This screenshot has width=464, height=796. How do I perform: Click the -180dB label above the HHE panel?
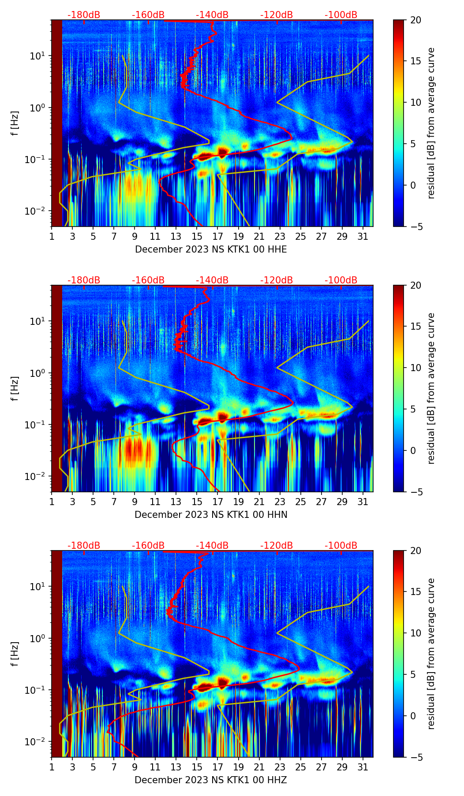84,15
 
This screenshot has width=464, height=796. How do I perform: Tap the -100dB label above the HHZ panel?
341,546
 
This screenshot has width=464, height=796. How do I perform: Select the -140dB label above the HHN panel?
212,280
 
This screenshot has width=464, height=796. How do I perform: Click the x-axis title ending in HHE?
211,249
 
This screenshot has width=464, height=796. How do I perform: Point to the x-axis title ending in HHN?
211,515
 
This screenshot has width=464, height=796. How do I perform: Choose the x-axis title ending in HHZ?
211,780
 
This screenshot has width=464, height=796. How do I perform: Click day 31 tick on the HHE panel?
363,237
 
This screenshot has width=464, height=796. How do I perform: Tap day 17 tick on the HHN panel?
218,502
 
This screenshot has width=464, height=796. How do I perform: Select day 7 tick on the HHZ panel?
114,767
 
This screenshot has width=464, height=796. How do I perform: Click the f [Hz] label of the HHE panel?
15,123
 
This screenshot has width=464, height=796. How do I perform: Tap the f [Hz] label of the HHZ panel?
15,654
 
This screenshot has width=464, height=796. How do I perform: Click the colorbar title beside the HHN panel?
431,388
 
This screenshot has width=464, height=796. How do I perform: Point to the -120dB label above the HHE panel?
277,15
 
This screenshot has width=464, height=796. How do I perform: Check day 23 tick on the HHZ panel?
280,767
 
